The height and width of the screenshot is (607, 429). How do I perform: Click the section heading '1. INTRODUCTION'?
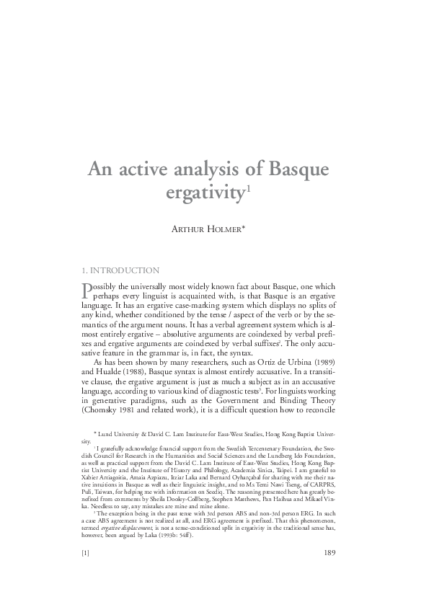click(121, 270)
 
